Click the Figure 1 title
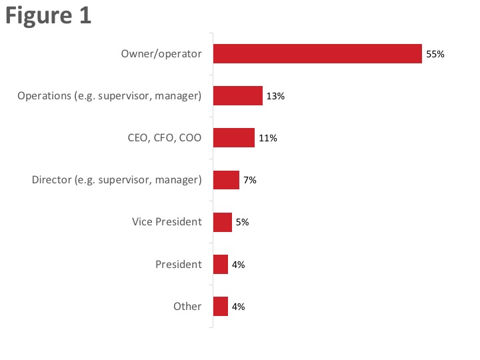pos(48,16)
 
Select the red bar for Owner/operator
pos(317,54)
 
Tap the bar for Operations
pos(238,96)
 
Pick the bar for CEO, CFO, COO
pos(234,138)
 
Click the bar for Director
pos(226,180)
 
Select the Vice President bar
pos(223,222)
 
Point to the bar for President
pos(221,265)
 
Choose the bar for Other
pos(221,307)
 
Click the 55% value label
pos(435,55)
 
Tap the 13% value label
pos(275,97)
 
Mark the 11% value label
pos(267,139)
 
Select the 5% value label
pos(241,223)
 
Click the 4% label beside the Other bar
pos(238,307)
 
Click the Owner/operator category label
pos(161,53)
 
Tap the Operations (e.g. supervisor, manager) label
pos(109,96)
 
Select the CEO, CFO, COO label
pos(164,138)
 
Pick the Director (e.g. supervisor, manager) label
pos(117,180)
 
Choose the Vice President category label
pos(167,222)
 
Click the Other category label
pos(187,307)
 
